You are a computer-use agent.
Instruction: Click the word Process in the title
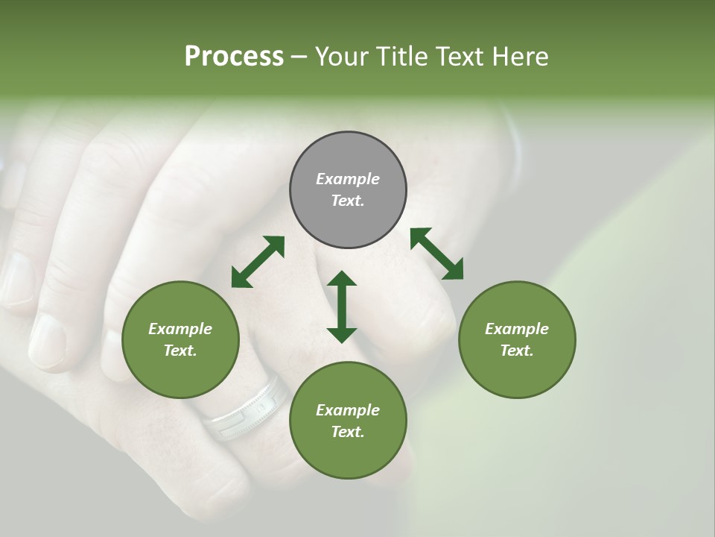tap(234, 57)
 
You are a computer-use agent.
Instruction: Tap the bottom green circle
tap(348, 455)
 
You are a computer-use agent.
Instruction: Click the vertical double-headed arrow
tap(342, 307)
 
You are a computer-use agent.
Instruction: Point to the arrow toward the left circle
tap(258, 262)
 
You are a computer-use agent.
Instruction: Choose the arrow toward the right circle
tap(436, 254)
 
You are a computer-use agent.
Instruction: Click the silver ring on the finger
tap(247, 409)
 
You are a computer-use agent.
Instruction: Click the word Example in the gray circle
tap(348, 179)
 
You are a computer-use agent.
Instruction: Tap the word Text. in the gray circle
tap(348, 201)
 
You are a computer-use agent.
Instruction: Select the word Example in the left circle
tap(180, 329)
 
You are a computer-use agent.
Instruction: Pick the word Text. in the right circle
tap(517, 351)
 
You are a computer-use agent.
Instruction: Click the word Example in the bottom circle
tap(348, 410)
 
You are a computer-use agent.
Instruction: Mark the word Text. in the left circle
tap(180, 351)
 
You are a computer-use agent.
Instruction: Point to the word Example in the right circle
tap(517, 329)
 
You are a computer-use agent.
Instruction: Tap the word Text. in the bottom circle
tap(348, 432)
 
